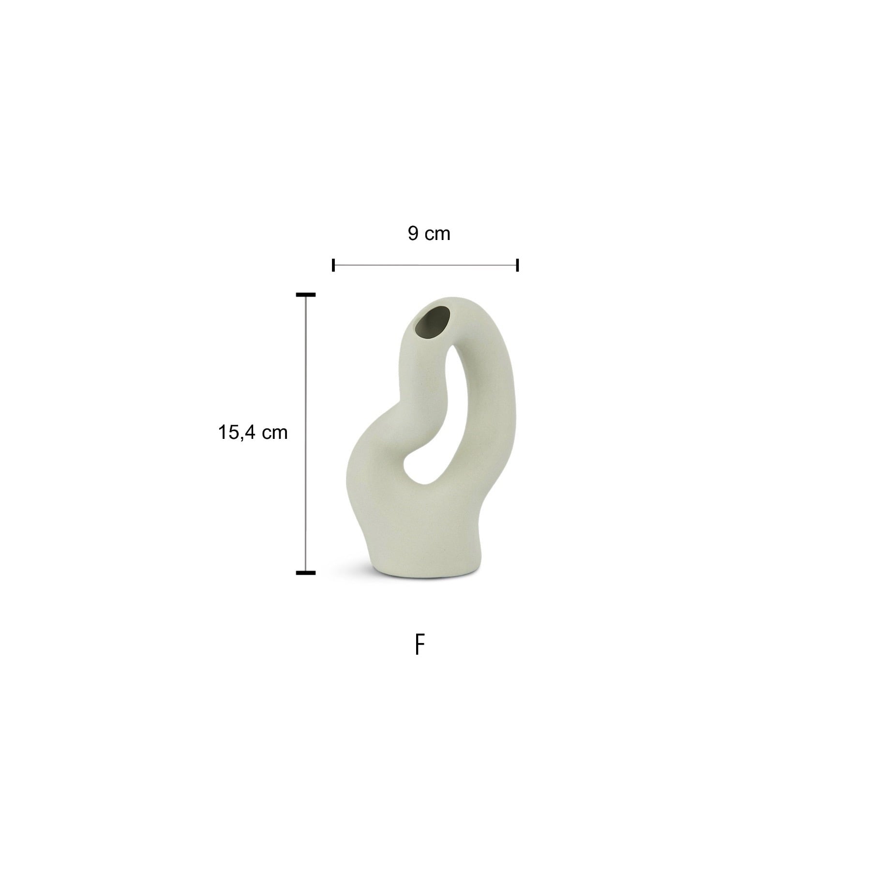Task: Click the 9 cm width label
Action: coord(429,234)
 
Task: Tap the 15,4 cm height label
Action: coord(253,432)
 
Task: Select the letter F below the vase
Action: coord(420,646)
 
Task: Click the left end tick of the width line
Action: coord(333,265)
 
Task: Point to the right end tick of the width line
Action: coord(518,265)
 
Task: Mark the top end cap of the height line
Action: coord(306,294)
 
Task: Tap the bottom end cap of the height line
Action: coord(306,573)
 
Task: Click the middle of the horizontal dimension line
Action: coord(426,265)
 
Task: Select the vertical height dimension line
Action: coord(306,434)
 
